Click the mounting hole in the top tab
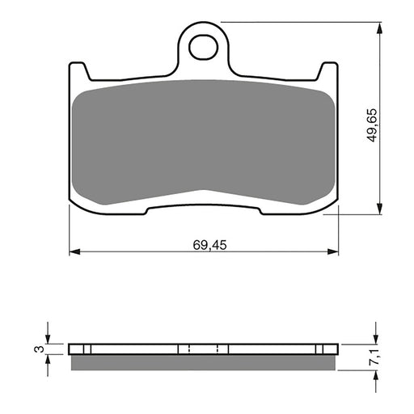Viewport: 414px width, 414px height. click(x=202, y=46)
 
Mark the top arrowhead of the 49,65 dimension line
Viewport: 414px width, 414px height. click(x=377, y=27)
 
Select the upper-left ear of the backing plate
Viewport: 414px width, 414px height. click(x=78, y=73)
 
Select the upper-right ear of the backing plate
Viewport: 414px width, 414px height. click(x=327, y=73)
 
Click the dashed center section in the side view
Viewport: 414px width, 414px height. click(x=203, y=350)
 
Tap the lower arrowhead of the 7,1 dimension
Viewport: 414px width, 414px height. click(x=374, y=371)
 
